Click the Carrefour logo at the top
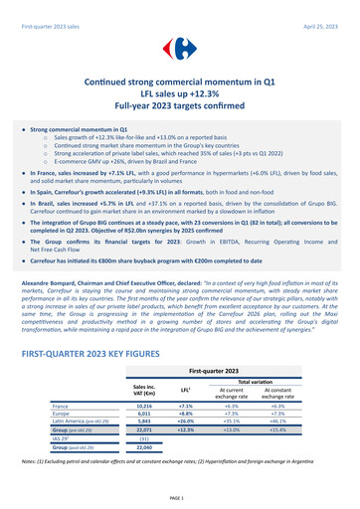180,47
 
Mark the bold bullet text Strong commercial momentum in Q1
80,130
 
